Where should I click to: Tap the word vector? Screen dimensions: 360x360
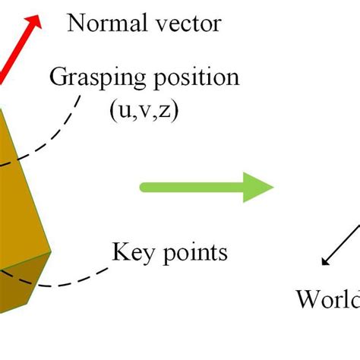coord(185,24)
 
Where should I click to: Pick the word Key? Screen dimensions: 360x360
coord(131,251)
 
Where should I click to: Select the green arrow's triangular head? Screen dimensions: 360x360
coord(258,186)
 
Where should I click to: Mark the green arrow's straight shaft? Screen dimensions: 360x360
coord(190,186)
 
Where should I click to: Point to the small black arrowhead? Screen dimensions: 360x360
coord(325,261)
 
